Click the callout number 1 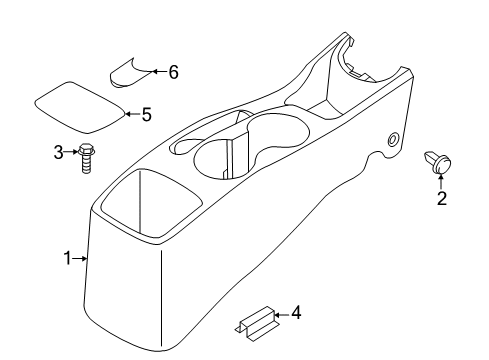[68, 259]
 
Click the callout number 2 [441, 198]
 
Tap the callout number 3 [58, 152]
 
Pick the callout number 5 [146, 114]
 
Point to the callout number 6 [173, 72]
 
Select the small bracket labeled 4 [255, 320]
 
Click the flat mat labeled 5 [81, 106]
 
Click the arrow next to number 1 [81, 259]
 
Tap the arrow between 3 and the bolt [69, 152]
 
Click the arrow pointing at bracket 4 [281, 315]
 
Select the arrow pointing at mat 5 [132, 114]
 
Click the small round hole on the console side [392, 139]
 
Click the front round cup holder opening [221, 159]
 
